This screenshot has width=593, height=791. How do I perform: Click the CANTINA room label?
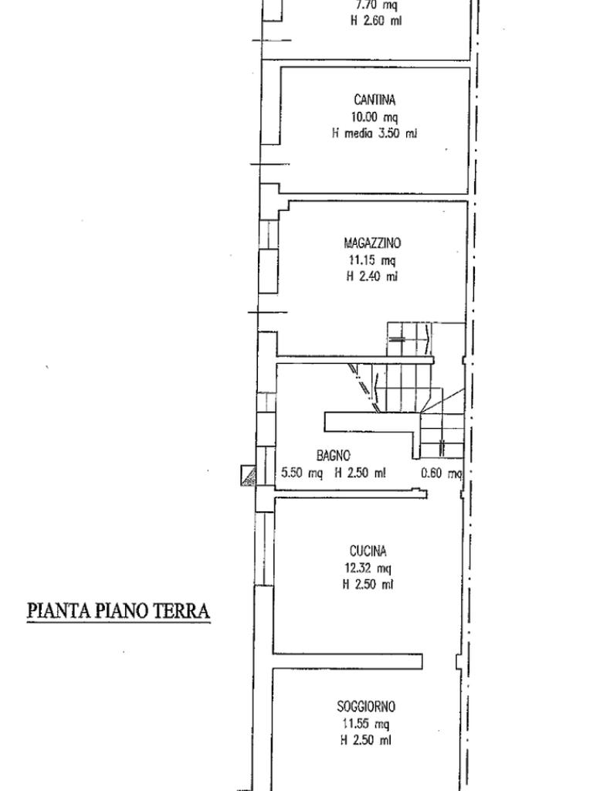click(x=374, y=100)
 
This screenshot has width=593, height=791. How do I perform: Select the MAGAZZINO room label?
click(x=373, y=243)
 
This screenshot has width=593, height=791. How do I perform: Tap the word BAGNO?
click(x=334, y=456)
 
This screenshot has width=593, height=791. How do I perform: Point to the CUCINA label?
click(x=368, y=551)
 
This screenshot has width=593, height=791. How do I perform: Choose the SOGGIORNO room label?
click(x=366, y=706)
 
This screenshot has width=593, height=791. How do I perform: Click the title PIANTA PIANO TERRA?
click(x=118, y=610)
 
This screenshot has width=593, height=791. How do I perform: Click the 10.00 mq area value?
click(x=374, y=117)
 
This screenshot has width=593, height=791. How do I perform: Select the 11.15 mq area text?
click(x=373, y=261)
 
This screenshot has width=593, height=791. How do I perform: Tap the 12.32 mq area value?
click(x=368, y=569)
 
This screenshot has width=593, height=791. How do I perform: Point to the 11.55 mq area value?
click(x=365, y=724)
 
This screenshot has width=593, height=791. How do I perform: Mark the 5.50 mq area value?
click(x=302, y=474)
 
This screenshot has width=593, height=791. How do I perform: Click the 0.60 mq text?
click(x=441, y=474)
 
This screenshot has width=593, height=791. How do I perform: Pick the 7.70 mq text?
click(x=377, y=5)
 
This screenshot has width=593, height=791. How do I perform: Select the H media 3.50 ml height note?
click(x=374, y=134)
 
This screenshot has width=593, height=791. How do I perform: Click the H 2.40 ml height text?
click(x=372, y=277)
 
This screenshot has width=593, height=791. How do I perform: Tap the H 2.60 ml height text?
click(x=376, y=21)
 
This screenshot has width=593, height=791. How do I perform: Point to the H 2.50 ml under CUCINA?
click(x=368, y=585)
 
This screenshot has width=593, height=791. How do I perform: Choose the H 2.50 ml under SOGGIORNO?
click(x=365, y=740)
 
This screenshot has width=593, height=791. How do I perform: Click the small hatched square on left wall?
click(x=248, y=475)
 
